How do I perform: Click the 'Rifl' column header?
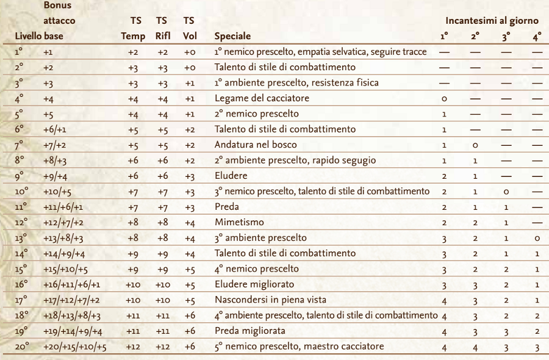[162, 36]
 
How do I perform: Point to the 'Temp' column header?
[133, 36]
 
